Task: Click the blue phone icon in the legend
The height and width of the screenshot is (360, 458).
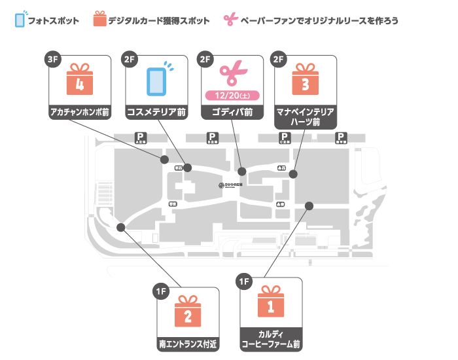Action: click(20, 20)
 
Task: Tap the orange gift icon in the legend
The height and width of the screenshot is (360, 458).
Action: click(99, 20)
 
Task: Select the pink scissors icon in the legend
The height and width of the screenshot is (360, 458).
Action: click(229, 20)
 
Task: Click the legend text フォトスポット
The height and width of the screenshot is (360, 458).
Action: click(55, 21)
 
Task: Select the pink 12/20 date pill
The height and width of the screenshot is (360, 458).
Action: click(233, 96)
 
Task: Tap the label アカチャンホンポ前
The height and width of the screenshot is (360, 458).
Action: click(80, 113)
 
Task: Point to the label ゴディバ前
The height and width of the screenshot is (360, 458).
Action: click(233, 113)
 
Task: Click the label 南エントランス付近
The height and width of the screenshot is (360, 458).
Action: click(188, 342)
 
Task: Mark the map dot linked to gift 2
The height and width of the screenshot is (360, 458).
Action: click(120, 227)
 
